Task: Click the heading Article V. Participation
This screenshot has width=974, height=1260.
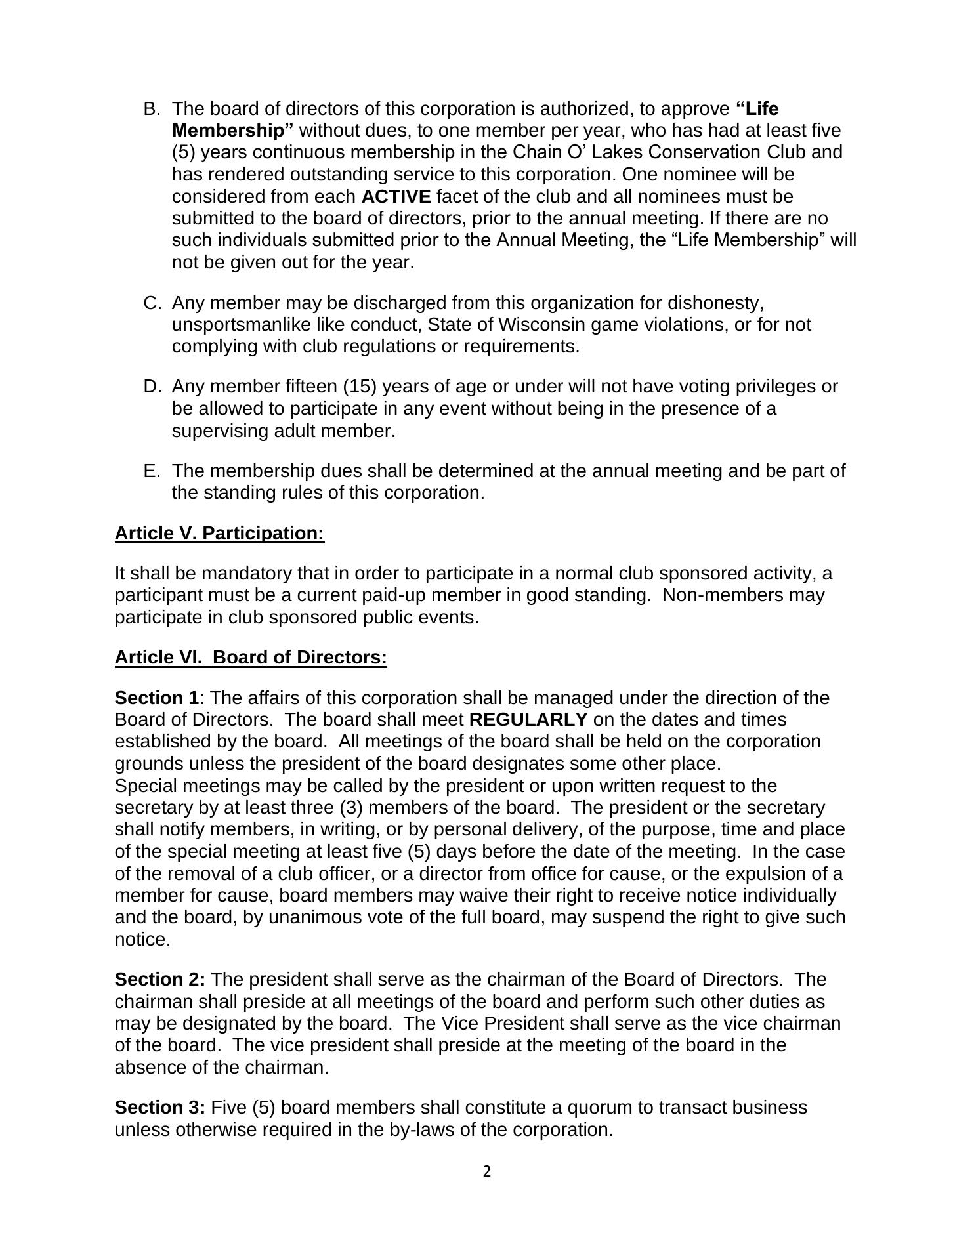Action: click(x=219, y=534)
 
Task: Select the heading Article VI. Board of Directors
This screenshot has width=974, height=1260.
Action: click(x=251, y=658)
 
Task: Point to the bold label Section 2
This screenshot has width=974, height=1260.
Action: click(x=159, y=980)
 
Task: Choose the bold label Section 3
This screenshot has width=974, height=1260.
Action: click(x=159, y=1108)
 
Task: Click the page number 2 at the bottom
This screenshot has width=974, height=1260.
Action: click(x=486, y=1172)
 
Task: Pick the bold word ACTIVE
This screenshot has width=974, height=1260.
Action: click(x=396, y=197)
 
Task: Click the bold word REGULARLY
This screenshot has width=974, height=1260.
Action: click(x=528, y=720)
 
